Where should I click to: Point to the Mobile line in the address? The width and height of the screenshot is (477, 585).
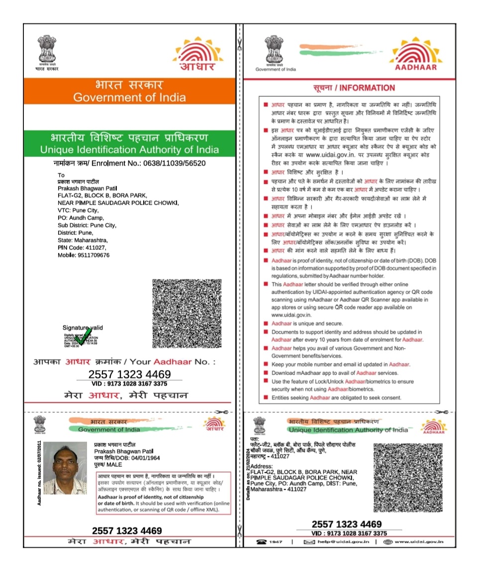pyautogui.click(x=84, y=255)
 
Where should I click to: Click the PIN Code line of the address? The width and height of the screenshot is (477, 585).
pyautogui.click(x=82, y=247)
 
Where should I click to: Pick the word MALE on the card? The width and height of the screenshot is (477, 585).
pyautogui.click(x=114, y=465)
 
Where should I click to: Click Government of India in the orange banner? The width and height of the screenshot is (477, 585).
pyautogui.click(x=129, y=97)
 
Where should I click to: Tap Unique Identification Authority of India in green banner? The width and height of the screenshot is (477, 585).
pyautogui.click(x=129, y=149)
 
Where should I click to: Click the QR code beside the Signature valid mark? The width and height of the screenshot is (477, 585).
pyautogui.click(x=187, y=313)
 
